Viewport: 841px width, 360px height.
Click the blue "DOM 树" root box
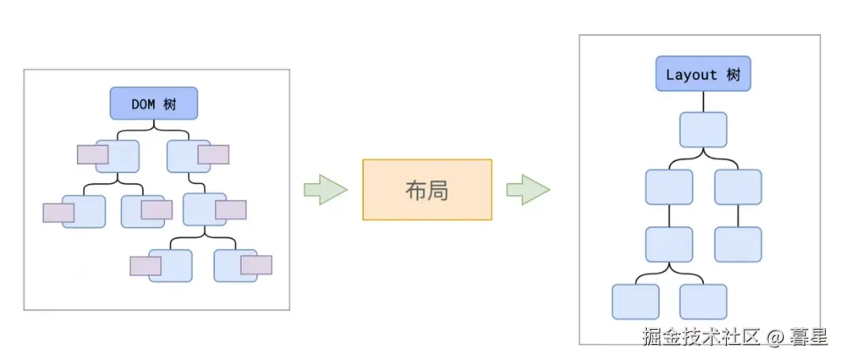pos(154,103)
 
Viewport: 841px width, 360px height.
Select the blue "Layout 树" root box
pos(703,74)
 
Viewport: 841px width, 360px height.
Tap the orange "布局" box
pos(427,190)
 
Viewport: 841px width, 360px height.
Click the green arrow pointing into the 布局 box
pos(326,190)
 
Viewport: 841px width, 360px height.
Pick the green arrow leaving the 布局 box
pos(529,190)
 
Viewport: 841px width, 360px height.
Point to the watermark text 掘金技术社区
pos(702,337)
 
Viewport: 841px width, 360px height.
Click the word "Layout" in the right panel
pos(691,74)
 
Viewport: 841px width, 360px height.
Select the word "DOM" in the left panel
pos(143,104)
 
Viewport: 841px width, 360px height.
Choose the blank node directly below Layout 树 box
pos(703,129)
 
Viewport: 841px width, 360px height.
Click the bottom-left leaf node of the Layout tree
pos(636,301)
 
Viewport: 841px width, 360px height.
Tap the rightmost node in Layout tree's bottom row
pos(703,301)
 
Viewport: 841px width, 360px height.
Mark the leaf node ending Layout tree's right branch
pos(738,244)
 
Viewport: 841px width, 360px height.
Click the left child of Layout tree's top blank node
pos(669,186)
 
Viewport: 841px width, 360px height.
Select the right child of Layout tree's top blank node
pos(738,186)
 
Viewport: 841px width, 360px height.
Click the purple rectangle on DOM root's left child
pos(93,155)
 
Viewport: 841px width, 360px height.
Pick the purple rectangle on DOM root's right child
pos(213,155)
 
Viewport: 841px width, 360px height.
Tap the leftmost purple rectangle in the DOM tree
pos(59,213)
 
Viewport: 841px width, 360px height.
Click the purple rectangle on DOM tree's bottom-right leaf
pos(256,265)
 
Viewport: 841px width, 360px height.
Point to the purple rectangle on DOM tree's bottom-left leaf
pos(145,266)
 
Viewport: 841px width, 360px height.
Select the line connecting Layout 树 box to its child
pos(703,101)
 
